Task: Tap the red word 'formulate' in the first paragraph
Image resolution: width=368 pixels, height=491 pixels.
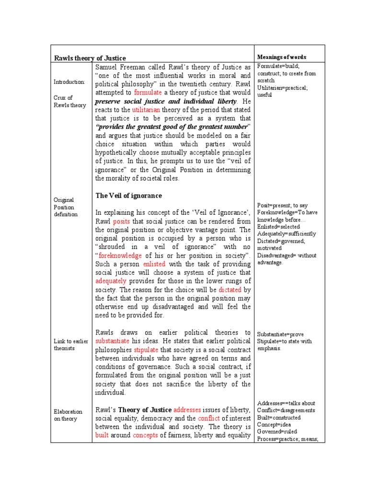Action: click(x=148, y=93)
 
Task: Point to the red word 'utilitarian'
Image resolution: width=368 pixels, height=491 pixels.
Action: click(x=140, y=110)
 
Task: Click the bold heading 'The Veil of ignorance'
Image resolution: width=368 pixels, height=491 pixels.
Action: click(x=128, y=196)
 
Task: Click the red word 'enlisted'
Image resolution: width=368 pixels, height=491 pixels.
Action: click(x=154, y=264)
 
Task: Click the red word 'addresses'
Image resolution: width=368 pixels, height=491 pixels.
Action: click(x=187, y=410)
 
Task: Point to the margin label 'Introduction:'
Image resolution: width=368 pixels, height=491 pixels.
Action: click(x=69, y=82)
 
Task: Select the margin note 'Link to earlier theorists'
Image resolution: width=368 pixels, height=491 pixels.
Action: click(x=64, y=344)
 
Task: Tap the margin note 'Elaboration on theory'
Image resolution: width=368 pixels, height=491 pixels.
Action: click(x=68, y=415)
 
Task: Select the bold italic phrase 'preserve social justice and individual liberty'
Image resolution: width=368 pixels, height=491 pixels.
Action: click(x=166, y=102)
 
